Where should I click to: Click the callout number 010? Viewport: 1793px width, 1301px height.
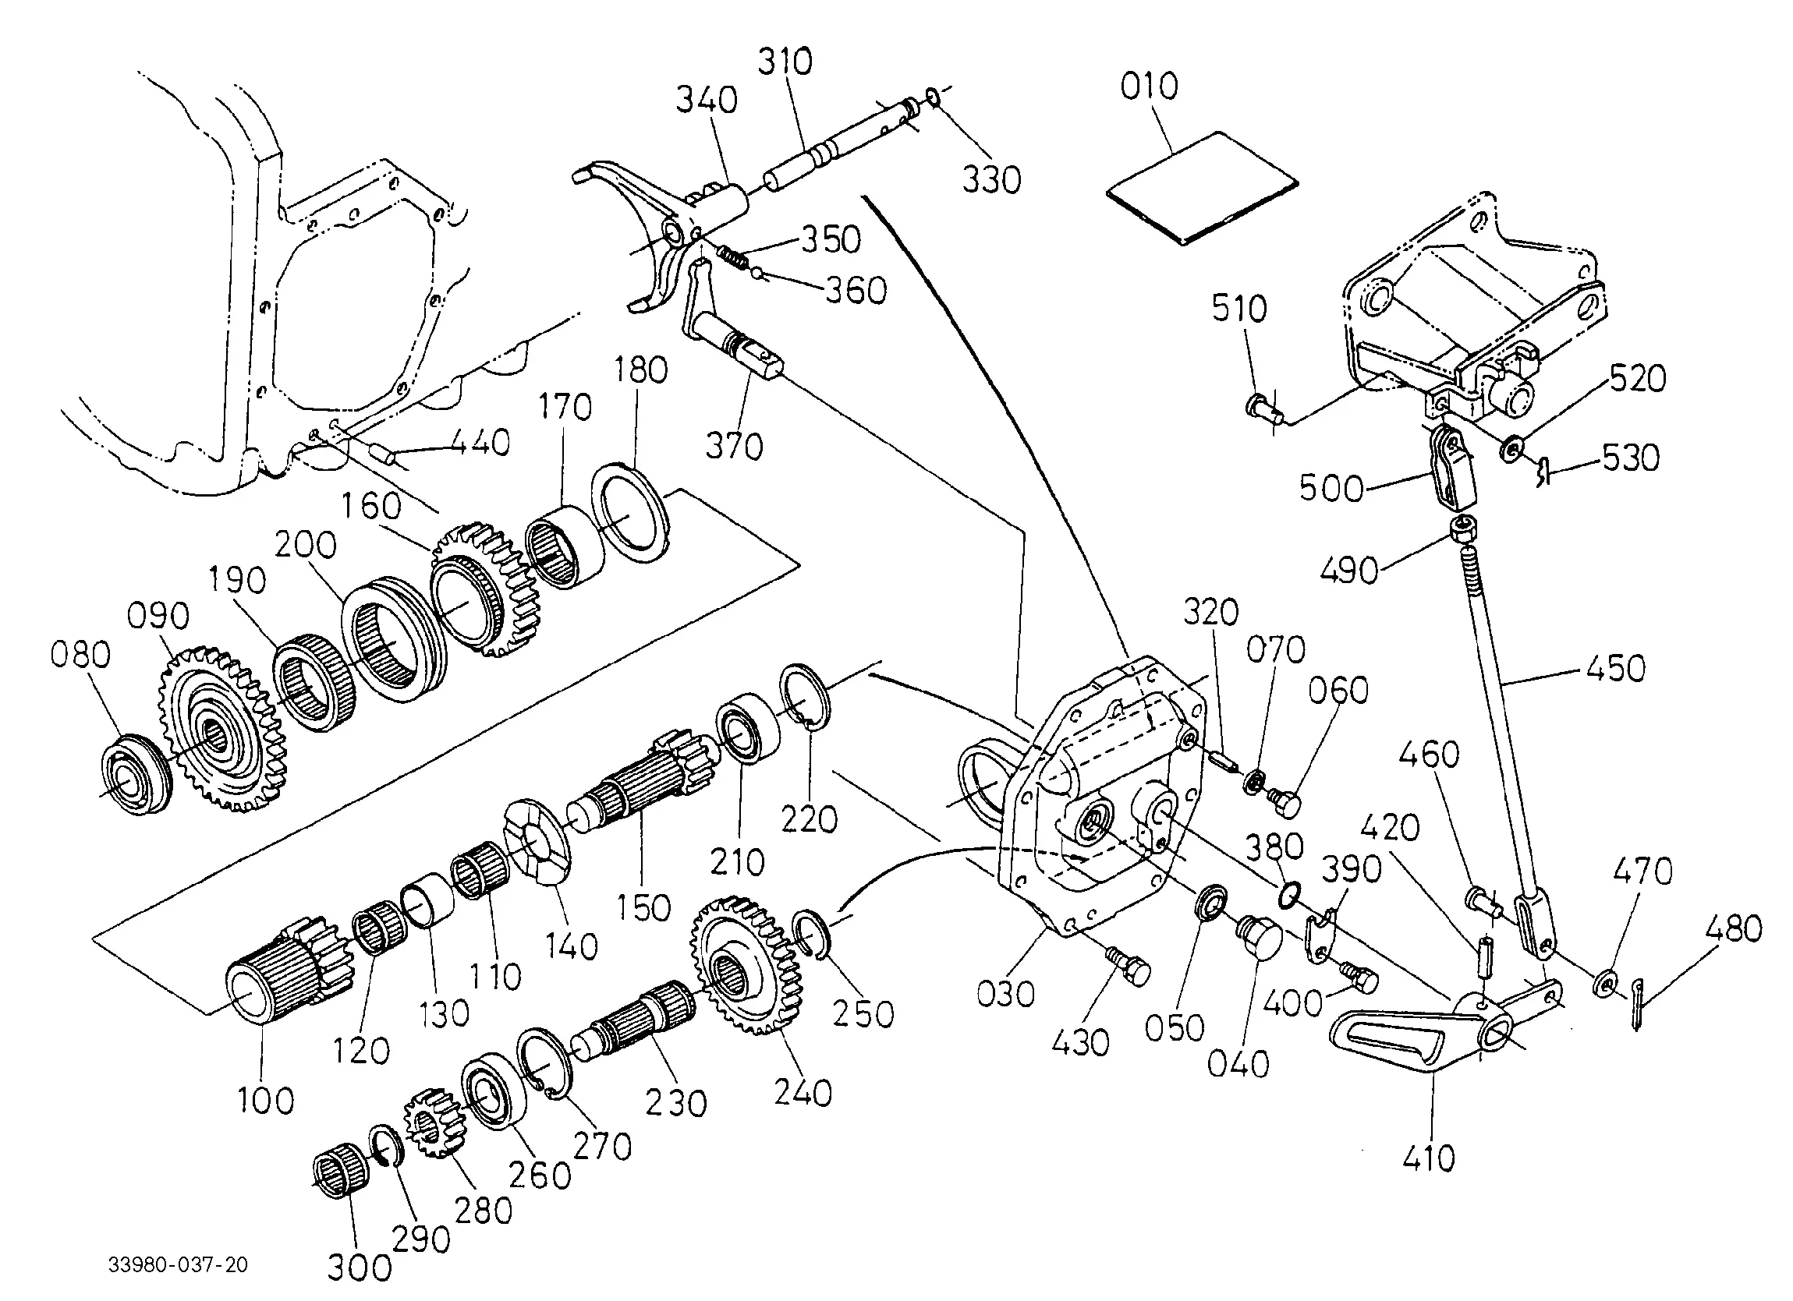click(1149, 87)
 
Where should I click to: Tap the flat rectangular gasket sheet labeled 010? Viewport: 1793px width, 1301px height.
click(1202, 188)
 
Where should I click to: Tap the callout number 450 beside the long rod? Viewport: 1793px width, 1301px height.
click(1615, 669)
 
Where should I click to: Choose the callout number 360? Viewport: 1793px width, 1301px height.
click(856, 291)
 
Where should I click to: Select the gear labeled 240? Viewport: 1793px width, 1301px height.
click(747, 965)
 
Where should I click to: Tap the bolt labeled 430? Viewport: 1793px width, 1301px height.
click(1126, 965)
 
